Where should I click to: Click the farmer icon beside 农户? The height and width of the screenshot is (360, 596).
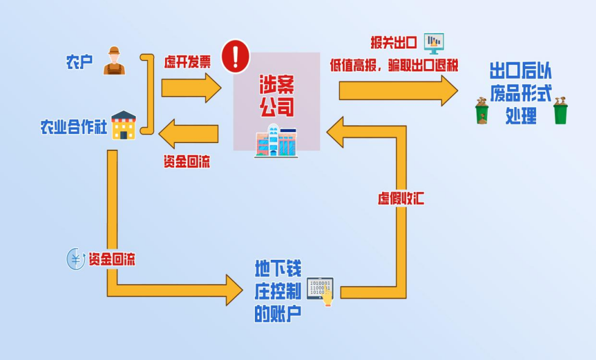pos(114,61)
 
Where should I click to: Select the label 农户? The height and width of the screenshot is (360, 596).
pos(79,62)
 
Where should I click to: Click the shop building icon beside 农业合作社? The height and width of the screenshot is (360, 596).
pos(123,125)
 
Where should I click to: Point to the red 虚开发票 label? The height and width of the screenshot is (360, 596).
pos(187,62)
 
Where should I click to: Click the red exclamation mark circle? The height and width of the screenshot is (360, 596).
pos(235,56)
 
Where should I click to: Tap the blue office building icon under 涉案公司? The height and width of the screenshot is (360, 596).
pos(276,141)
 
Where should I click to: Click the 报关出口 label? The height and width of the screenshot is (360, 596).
pos(394,43)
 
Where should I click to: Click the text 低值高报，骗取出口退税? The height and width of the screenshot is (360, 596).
pos(394,65)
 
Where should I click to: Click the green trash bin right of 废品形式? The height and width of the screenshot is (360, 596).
pos(560,111)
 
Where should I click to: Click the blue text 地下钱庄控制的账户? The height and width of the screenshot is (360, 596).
pos(278,291)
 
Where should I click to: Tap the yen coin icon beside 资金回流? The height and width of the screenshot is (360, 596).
pos(75,259)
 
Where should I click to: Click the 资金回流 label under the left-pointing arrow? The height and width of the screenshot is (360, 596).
pos(187,162)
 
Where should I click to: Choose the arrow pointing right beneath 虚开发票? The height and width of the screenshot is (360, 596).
pos(190,88)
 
